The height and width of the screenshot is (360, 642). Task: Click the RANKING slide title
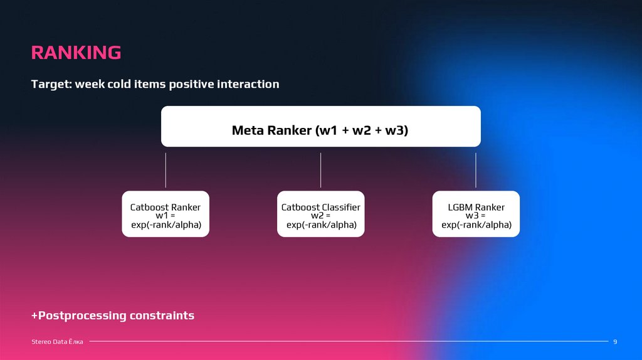(x=76, y=53)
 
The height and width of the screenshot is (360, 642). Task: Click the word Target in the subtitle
(x=51, y=84)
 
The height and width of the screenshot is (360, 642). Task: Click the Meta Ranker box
(x=320, y=126)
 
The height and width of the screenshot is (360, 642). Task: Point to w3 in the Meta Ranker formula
(x=396, y=130)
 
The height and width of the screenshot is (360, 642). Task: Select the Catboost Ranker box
(x=166, y=214)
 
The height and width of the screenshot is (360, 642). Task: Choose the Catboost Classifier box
(x=320, y=214)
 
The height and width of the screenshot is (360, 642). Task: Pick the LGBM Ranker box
(x=476, y=214)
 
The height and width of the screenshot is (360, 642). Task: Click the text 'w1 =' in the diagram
(x=166, y=216)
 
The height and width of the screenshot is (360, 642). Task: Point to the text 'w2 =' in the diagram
(x=320, y=216)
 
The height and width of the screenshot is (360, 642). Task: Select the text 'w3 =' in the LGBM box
(x=476, y=216)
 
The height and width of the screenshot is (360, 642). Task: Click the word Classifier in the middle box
(x=340, y=207)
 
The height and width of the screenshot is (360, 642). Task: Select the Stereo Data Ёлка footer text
(x=57, y=341)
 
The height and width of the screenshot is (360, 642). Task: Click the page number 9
(x=615, y=341)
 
